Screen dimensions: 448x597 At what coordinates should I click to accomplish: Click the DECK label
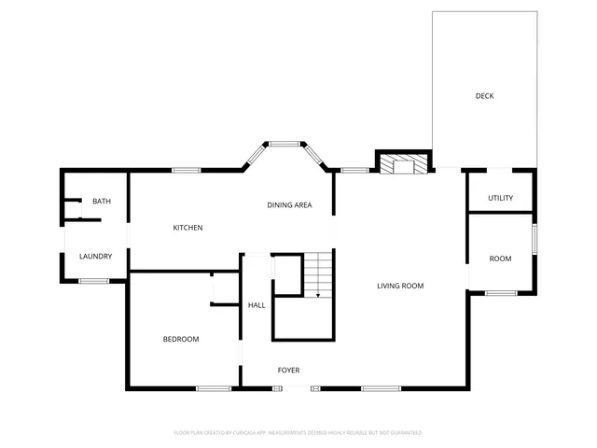click(484, 96)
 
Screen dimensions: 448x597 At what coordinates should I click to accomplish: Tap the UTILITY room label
click(501, 198)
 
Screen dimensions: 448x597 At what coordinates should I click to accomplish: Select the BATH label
click(101, 202)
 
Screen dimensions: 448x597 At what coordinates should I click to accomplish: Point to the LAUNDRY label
click(95, 257)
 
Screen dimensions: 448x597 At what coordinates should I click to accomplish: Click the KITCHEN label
click(187, 228)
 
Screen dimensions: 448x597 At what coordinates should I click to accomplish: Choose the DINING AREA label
click(289, 205)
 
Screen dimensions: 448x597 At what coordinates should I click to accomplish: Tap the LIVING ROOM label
click(400, 286)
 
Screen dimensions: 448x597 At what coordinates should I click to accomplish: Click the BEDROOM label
click(181, 339)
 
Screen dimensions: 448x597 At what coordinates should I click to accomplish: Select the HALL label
click(257, 305)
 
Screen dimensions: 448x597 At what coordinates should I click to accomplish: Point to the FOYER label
click(288, 371)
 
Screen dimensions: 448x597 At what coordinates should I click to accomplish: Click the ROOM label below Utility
click(501, 259)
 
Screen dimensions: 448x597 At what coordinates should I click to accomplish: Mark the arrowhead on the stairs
click(318, 296)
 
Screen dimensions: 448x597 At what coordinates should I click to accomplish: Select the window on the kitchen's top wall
click(187, 170)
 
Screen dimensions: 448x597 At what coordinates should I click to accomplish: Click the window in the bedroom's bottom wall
click(214, 388)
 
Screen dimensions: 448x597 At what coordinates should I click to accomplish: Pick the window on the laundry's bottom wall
click(93, 281)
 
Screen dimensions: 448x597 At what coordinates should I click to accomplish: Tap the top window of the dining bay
click(285, 143)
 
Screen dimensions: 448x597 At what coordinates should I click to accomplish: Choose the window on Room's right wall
click(535, 237)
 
